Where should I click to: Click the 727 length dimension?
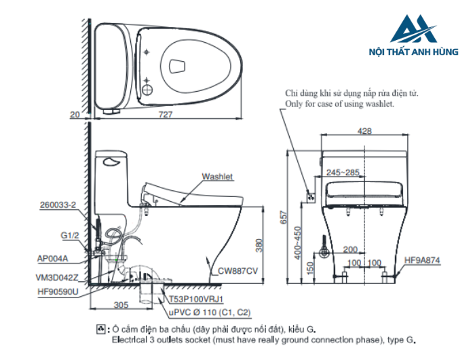(x=166, y=115)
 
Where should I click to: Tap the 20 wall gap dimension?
(x=75, y=115)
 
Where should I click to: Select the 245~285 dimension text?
(x=343, y=172)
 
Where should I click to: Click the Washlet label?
(x=217, y=177)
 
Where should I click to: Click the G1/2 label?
(x=70, y=235)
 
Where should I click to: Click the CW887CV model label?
(x=237, y=271)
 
